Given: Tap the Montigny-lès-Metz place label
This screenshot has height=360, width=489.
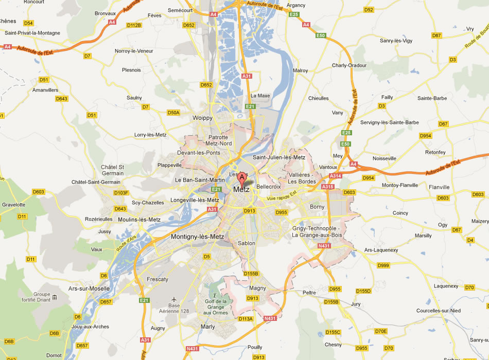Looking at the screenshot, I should tap(197, 237).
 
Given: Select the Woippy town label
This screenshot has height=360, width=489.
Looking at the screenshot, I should tap(202, 118).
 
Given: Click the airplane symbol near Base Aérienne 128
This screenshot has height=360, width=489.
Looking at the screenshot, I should tap(174, 299).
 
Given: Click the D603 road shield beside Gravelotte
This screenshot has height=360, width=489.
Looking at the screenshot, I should tap(39, 191).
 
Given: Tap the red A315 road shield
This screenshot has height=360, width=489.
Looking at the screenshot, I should tap(328, 187).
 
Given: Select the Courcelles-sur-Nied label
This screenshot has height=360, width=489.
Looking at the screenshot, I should tap(440, 311).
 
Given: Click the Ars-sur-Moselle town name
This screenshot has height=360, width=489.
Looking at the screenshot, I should tap(89, 289).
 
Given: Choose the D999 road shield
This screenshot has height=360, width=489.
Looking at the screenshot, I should tap(383, 265).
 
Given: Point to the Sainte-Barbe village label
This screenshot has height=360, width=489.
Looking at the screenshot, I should tap(432, 98).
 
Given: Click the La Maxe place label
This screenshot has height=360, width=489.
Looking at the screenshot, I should tap(260, 96).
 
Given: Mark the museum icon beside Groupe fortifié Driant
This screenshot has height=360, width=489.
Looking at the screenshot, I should tap(54, 298).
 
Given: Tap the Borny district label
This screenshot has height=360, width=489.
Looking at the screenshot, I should tap(317, 207).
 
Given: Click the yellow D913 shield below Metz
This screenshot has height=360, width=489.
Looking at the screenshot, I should tap(250, 210).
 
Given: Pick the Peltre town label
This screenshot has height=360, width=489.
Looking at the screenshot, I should tap(309, 292).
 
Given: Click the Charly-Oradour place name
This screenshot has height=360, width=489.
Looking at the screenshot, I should tap(349, 65).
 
